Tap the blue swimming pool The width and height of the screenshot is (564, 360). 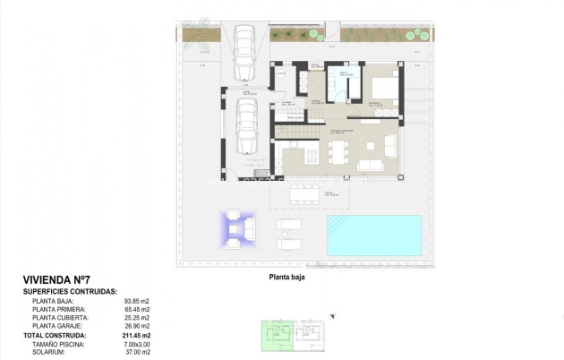(x=373, y=235)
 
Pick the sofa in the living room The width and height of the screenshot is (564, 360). (x=373, y=164)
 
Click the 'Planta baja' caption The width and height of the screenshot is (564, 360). (x=287, y=277)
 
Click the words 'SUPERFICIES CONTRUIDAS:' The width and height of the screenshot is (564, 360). (x=70, y=291)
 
